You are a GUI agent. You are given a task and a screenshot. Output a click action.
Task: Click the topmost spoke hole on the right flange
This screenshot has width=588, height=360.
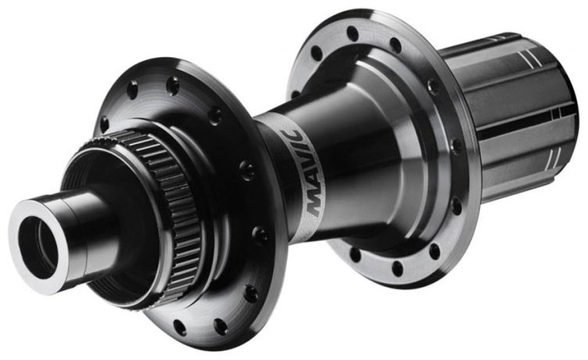(353, 34)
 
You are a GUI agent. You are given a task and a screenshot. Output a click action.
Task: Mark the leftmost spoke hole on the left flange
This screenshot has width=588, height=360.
(105, 124)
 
